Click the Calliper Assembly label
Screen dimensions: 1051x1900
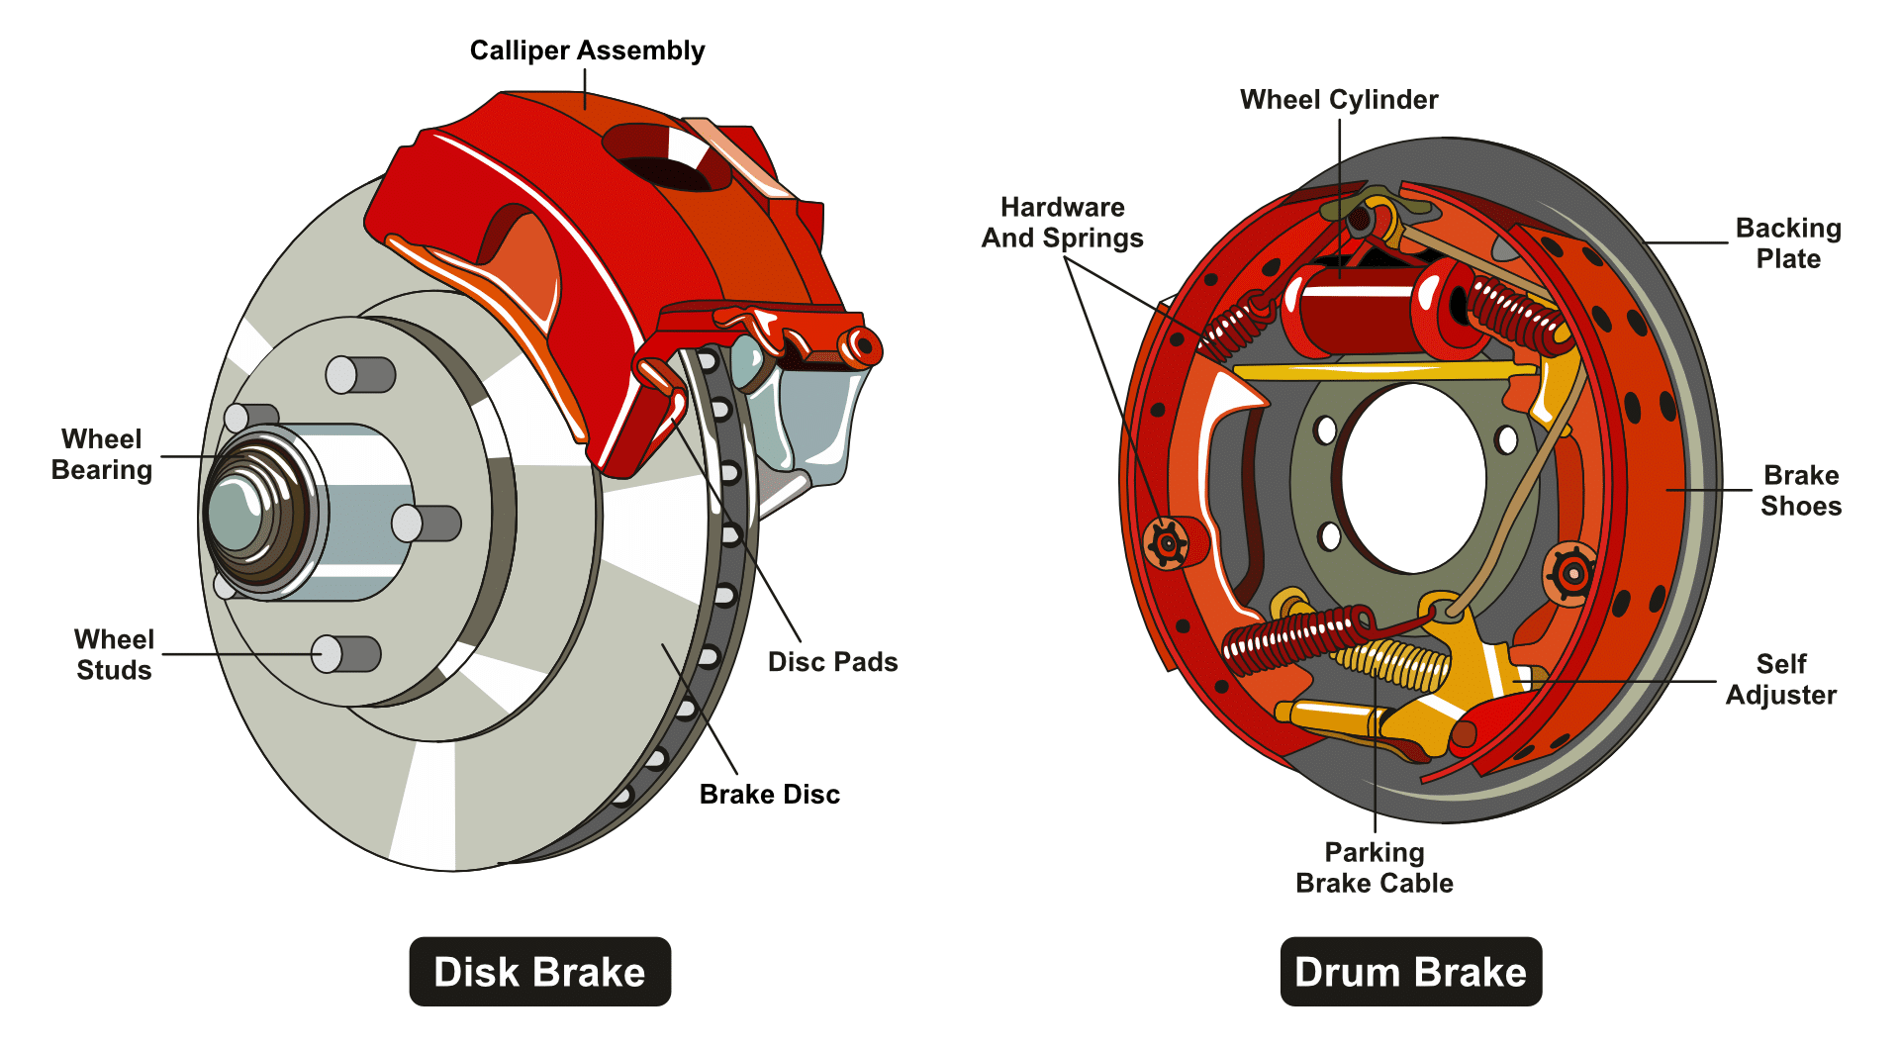pos(587,50)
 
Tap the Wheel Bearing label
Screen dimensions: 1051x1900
pos(102,454)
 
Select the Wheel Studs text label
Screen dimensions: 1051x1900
pos(114,654)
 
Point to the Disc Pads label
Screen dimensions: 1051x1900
pos(832,662)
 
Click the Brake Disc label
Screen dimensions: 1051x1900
pos(769,795)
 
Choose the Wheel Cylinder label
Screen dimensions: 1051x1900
pos(1338,100)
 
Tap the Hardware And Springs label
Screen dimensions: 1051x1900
pos(1062,223)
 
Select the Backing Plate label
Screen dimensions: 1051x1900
pos(1787,243)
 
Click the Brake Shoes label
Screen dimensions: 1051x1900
pos(1800,491)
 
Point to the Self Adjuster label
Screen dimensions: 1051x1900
pos(1780,679)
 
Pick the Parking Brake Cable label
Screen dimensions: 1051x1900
pos(1374,868)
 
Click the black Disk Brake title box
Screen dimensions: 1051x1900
pos(539,972)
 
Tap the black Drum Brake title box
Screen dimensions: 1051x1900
pos(1410,972)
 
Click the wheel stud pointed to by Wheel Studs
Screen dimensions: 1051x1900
pos(345,654)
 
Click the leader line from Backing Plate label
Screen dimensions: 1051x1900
pos(1687,242)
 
